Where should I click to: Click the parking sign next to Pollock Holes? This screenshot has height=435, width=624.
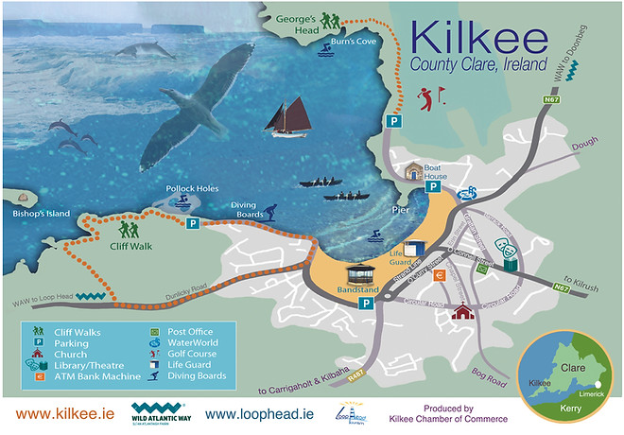coord(192,224)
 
